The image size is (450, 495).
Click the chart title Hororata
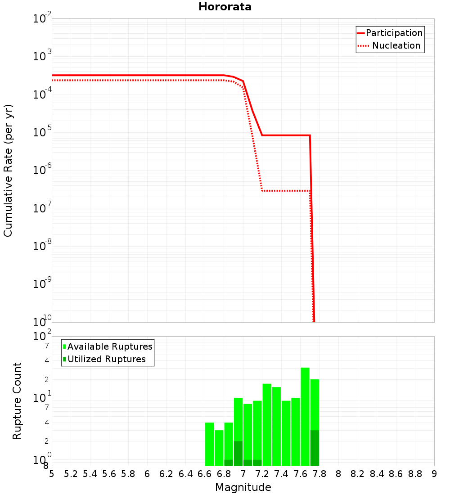[225, 7]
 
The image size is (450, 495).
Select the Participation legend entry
[394, 33]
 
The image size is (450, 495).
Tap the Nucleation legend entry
[396, 45]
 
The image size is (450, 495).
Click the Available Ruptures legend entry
[110, 346]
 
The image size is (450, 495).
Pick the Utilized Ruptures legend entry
[106, 359]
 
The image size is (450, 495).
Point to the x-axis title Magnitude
[243, 487]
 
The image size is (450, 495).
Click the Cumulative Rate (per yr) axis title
[8, 171]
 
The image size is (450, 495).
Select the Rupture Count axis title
[17, 400]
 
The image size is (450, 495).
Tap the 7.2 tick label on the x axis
[262, 474]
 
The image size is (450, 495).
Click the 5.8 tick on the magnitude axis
[128, 474]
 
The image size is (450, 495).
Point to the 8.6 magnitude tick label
[396, 474]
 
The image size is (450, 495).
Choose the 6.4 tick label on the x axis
[185, 474]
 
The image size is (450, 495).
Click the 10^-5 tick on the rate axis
[42, 132]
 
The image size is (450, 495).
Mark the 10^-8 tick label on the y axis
[42, 246]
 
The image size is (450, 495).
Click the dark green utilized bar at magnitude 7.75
[315, 448]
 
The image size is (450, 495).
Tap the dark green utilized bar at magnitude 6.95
[238, 453]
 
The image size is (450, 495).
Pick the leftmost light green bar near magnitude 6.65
[209, 443]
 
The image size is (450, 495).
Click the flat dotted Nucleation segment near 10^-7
[286, 191]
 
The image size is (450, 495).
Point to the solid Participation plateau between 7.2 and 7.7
[286, 135]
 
